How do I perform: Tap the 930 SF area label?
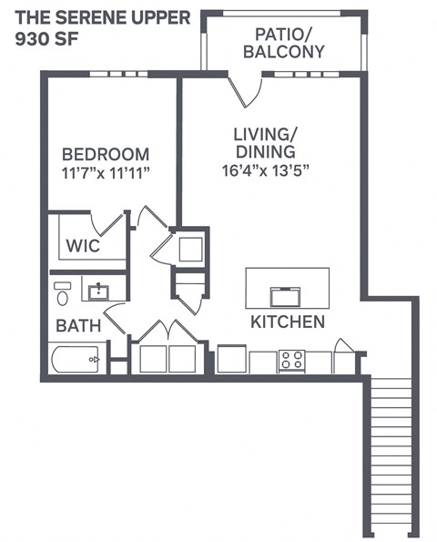pyautogui.click(x=46, y=39)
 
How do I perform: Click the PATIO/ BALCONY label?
pyautogui.click(x=284, y=43)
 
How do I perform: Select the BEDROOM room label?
pyautogui.click(x=106, y=154)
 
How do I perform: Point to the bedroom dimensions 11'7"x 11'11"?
pyautogui.click(x=106, y=172)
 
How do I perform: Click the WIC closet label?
pyautogui.click(x=84, y=246)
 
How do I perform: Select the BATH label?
pyautogui.click(x=73, y=324)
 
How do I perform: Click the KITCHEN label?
pyautogui.click(x=287, y=322)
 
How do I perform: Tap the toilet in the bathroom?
pyautogui.click(x=63, y=294)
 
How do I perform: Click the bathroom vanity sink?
pyautogui.click(x=99, y=291)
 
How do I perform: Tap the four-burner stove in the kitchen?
pyautogui.click(x=291, y=360)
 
